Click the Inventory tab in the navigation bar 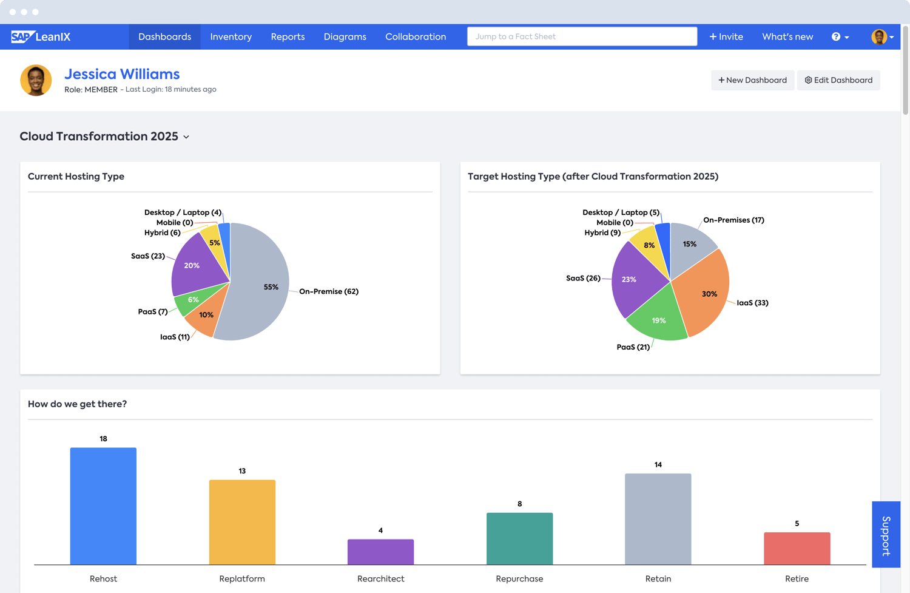[231, 37]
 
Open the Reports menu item [288, 37]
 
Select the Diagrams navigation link [345, 37]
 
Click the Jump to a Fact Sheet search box [581, 36]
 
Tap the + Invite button [726, 37]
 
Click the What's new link [787, 37]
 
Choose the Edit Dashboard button [838, 80]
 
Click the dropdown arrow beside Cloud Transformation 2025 [186, 137]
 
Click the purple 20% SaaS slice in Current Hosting [194, 267]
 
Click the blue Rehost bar [103, 506]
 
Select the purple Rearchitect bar [380, 552]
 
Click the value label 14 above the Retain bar [658, 465]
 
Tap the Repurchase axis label [519, 578]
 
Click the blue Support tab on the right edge [886, 535]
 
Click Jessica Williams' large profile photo [36, 80]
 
